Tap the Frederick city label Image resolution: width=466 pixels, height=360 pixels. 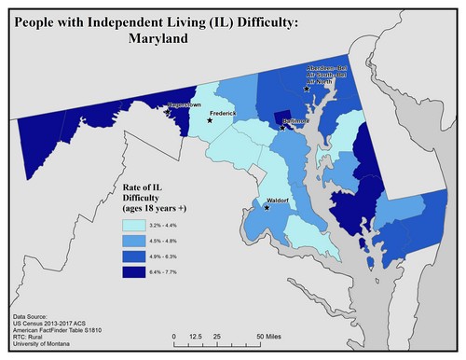tap(226, 113)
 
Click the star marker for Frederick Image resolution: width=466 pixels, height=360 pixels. tap(210, 120)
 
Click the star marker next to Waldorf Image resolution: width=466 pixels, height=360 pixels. tap(267, 208)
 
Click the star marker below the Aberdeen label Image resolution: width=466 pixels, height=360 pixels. tap(307, 90)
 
